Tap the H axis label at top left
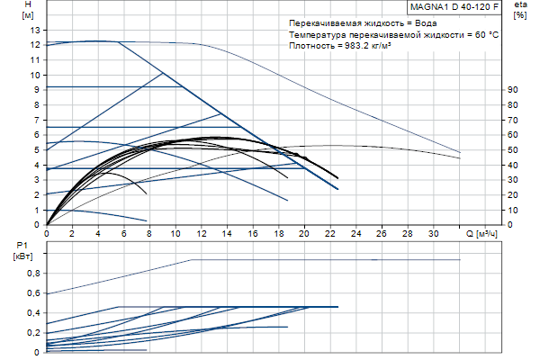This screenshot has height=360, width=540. pyautogui.click(x=27, y=5)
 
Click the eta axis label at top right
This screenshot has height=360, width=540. pyautogui.click(x=519, y=5)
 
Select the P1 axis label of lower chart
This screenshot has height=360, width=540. pyautogui.click(x=22, y=245)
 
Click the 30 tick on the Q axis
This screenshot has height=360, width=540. pyautogui.click(x=434, y=233)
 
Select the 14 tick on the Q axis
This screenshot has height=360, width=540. pyautogui.click(x=228, y=233)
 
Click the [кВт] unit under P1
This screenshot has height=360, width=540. pyautogui.click(x=22, y=256)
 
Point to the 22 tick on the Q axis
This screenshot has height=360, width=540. pyautogui.click(x=330, y=233)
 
